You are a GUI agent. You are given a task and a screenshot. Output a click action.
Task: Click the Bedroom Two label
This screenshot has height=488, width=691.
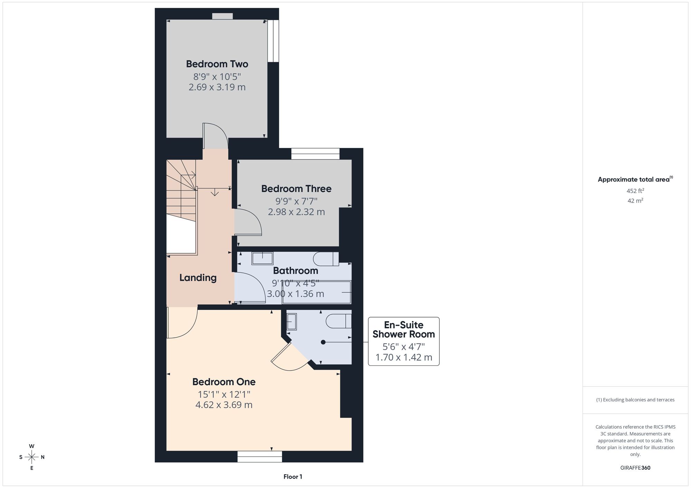click(x=217, y=64)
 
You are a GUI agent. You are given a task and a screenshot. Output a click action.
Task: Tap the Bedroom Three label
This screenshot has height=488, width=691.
click(x=296, y=189)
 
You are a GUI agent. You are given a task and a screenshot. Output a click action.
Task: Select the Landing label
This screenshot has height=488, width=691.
click(x=198, y=278)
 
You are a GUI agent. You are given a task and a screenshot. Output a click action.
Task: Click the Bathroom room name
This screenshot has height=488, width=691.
click(x=295, y=271)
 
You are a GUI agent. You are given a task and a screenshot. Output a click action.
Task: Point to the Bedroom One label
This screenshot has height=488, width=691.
click(x=224, y=382)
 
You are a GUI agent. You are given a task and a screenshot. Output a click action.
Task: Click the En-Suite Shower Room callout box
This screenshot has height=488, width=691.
click(x=404, y=341)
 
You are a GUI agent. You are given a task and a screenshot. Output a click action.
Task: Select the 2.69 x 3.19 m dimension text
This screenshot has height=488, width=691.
click(x=217, y=87)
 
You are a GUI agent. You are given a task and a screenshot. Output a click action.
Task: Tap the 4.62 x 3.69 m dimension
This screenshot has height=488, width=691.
click(x=224, y=405)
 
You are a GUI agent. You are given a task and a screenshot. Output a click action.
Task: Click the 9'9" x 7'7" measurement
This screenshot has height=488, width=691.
click(x=296, y=201)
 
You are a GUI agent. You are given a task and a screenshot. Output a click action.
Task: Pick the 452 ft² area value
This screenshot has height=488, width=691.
click(x=635, y=191)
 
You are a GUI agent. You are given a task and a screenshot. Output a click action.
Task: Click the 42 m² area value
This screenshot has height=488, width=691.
click(x=635, y=201)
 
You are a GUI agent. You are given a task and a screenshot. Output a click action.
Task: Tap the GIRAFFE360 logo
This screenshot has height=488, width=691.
click(x=635, y=468)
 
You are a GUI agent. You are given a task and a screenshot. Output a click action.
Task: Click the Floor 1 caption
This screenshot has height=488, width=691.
click(x=293, y=477)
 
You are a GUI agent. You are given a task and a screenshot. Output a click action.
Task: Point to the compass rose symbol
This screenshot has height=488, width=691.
click(x=32, y=457)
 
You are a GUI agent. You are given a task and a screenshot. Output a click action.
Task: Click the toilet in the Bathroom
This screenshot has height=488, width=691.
click(x=326, y=259)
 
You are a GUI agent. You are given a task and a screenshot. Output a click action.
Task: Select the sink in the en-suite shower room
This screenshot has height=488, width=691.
click(x=292, y=321)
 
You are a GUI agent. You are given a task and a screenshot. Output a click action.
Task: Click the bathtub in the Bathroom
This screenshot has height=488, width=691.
click(x=316, y=292)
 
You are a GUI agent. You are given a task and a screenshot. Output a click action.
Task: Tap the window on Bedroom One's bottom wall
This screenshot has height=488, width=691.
click(x=259, y=457)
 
